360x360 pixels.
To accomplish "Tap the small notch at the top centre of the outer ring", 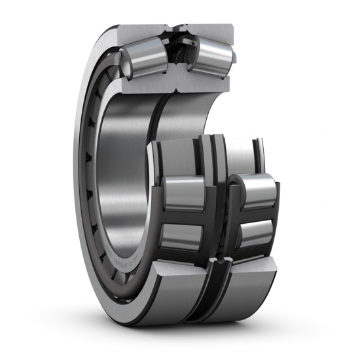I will pos(175,28).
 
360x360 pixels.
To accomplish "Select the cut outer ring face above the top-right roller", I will pos(209,30).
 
